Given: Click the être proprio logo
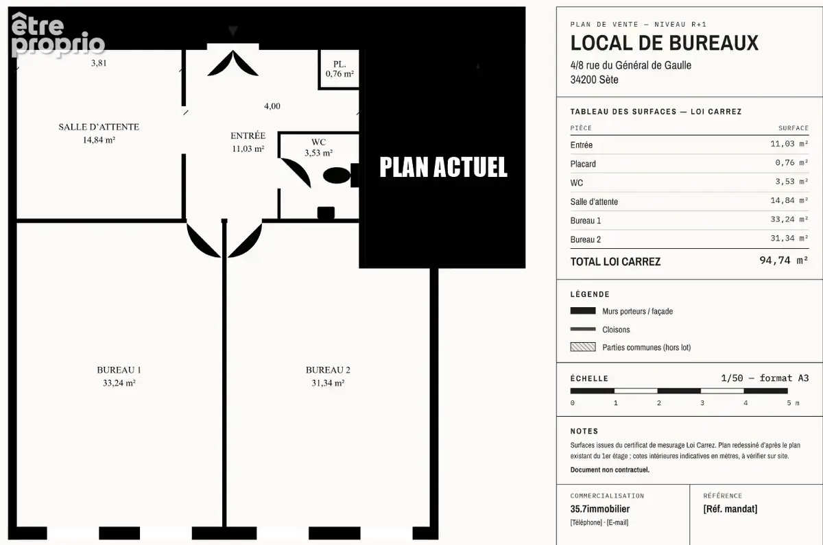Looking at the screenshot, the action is pyautogui.click(x=58, y=35).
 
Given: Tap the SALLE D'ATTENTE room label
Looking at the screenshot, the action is pyautogui.click(x=99, y=127).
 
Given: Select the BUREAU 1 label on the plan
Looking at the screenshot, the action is pyautogui.click(x=119, y=370).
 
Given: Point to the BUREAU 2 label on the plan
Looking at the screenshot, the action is pyautogui.click(x=328, y=370).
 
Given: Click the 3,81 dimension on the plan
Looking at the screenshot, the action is pyautogui.click(x=99, y=63).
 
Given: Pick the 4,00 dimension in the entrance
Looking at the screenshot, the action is pyautogui.click(x=272, y=106).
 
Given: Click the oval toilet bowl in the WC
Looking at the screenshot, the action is pyautogui.click(x=337, y=175).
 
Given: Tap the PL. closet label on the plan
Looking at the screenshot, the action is pyautogui.click(x=339, y=64).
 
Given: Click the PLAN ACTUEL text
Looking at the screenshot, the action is pyautogui.click(x=444, y=167).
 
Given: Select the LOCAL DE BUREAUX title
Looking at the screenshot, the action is pyautogui.click(x=665, y=43).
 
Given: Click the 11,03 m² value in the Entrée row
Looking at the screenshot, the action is pyautogui.click(x=789, y=144).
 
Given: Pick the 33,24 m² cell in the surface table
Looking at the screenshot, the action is pyautogui.click(x=789, y=219).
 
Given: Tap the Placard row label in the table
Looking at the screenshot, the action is pyautogui.click(x=583, y=164).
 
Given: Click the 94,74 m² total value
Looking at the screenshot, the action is pyautogui.click(x=784, y=261).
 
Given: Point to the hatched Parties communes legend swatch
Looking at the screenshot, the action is pyautogui.click(x=583, y=347).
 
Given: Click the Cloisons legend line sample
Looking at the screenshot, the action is pyautogui.click(x=583, y=329).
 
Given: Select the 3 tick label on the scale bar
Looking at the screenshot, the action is pyautogui.click(x=702, y=403).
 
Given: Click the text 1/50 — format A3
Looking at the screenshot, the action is pyautogui.click(x=765, y=378).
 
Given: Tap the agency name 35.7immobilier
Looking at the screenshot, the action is pyautogui.click(x=600, y=509).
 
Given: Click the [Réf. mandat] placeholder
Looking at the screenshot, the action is pyautogui.click(x=730, y=509).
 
